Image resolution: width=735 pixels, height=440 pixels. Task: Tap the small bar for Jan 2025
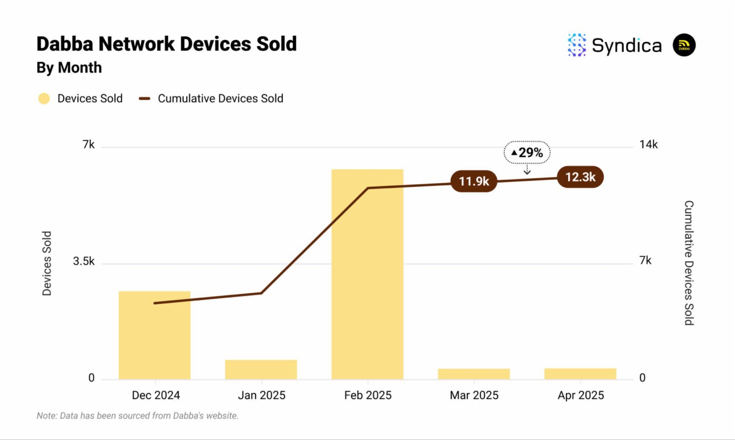tap(261, 370)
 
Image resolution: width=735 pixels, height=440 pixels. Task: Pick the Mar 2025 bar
tap(474, 374)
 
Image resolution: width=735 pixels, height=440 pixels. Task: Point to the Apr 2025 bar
tap(580, 374)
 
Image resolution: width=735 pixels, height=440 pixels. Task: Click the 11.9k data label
tap(474, 181)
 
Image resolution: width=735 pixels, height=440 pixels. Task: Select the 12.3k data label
tap(580, 177)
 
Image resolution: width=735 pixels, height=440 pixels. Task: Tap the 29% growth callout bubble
tap(527, 153)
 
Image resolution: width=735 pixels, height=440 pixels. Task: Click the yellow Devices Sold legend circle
tap(44, 99)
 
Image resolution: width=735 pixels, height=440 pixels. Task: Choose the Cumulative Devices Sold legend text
tap(220, 99)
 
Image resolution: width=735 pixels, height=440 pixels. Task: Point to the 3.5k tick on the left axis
tap(84, 261)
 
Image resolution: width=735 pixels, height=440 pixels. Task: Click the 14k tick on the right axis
tap(648, 144)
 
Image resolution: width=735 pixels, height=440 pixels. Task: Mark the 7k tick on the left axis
tap(89, 144)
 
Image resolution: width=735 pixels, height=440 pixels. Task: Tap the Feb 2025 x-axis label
tap(367, 395)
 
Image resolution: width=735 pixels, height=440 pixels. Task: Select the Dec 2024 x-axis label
tap(156, 395)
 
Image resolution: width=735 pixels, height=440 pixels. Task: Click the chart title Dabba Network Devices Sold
tap(166, 44)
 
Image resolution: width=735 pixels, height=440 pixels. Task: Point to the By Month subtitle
tap(69, 67)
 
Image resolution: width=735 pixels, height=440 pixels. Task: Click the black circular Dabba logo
tap(684, 45)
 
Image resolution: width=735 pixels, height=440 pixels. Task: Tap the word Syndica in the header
tap(626, 45)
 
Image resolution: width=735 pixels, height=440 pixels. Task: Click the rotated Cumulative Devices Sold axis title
tap(689, 262)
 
